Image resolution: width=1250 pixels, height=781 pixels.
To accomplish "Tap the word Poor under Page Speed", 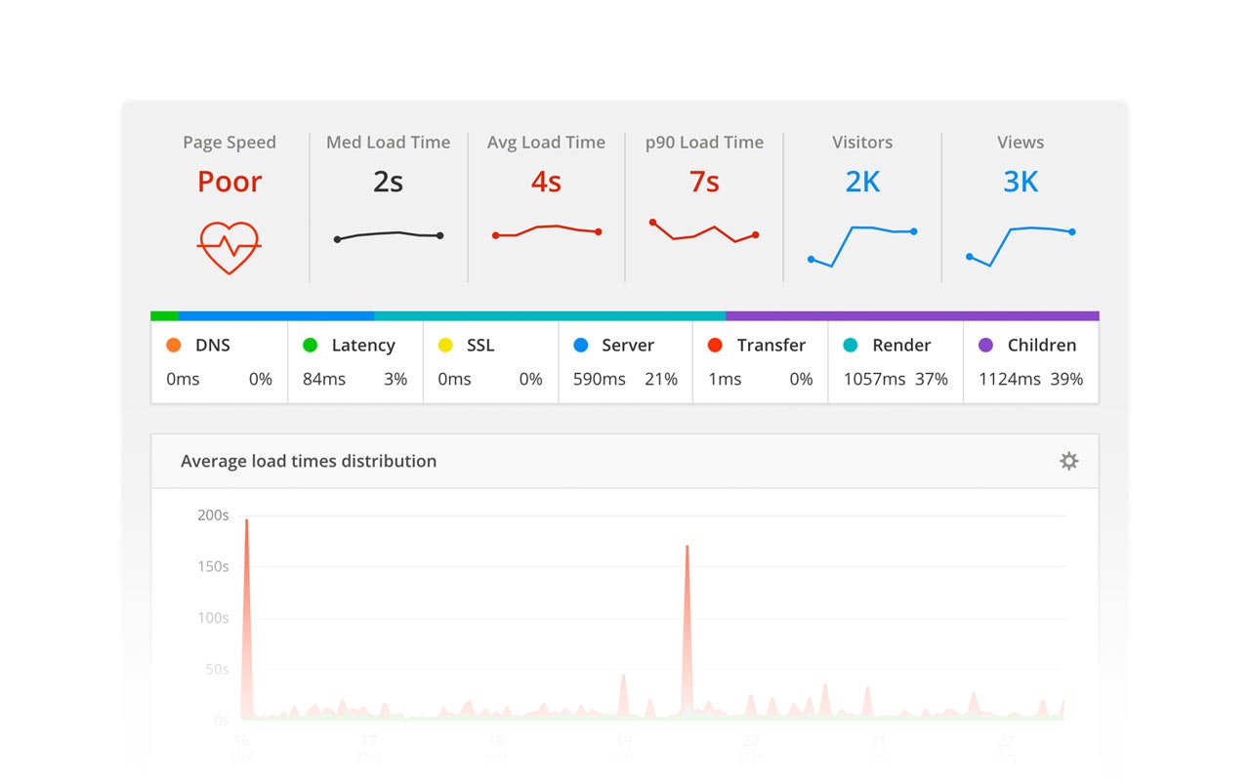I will tap(229, 182).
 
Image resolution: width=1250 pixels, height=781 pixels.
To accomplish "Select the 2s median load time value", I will tap(388, 182).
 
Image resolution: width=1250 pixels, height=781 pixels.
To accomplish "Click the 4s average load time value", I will tap(546, 182).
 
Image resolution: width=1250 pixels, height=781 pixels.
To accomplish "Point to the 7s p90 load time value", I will tap(704, 182).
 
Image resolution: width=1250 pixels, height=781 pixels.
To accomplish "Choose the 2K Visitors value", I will tap(862, 182).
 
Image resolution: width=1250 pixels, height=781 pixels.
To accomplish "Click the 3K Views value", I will tap(1021, 182).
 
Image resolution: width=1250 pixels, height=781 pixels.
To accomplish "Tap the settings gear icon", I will tap(1069, 461).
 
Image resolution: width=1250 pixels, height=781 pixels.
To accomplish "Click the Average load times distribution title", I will tap(309, 461).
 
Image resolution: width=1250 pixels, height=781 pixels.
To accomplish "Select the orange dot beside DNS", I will tap(174, 345).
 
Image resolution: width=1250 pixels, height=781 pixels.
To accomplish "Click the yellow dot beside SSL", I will tap(445, 345).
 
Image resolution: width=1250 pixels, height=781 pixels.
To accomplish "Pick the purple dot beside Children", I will tap(985, 345).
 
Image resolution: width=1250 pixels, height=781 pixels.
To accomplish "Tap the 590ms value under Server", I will tap(599, 379).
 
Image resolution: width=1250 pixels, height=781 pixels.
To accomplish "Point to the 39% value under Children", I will tap(1066, 379).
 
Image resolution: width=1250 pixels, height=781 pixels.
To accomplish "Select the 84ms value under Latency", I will tap(323, 379).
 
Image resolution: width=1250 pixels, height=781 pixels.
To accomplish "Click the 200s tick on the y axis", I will tap(213, 515).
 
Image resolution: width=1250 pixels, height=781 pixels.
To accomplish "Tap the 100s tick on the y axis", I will tap(213, 618).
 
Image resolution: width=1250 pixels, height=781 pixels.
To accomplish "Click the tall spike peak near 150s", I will tap(687, 549).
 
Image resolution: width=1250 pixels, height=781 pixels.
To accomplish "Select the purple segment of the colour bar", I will tap(912, 316).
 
